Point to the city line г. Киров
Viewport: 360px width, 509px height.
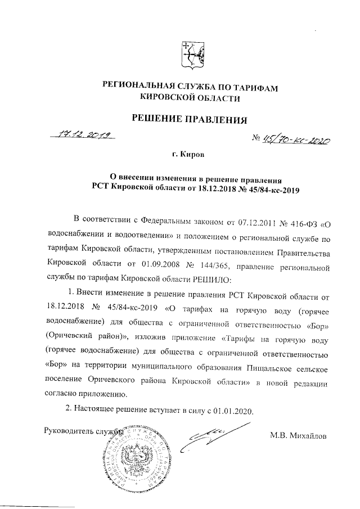point(188,154)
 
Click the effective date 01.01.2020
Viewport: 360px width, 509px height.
point(235,410)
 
